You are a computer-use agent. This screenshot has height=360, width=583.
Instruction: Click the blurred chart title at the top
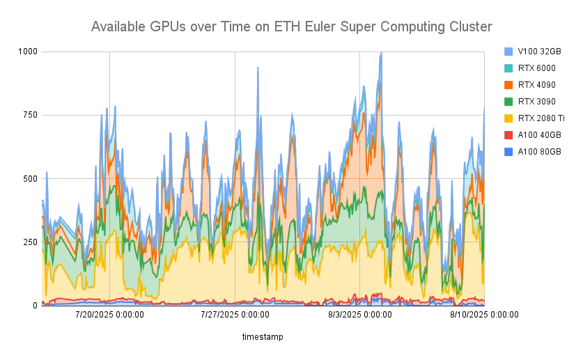tap(291, 26)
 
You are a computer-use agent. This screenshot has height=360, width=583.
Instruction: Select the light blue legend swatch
tap(508, 51)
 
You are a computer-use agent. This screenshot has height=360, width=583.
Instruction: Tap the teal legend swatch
tap(508, 68)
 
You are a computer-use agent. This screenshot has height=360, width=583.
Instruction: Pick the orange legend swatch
tap(508, 84)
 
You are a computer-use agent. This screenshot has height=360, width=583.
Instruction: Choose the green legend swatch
tap(508, 101)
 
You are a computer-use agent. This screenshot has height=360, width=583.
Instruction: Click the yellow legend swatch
tap(508, 118)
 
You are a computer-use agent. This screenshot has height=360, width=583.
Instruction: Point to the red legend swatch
tap(508, 134)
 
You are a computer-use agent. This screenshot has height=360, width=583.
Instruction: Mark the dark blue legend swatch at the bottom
tap(508, 151)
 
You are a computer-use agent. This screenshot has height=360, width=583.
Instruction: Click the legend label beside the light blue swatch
tap(541, 51)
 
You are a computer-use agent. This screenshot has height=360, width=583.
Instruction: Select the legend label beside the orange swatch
tap(538, 84)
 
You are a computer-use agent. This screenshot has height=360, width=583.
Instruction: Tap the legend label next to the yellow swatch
tap(544, 118)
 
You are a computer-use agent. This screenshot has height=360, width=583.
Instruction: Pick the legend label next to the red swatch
tap(541, 134)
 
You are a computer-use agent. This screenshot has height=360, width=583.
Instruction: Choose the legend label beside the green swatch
tap(538, 101)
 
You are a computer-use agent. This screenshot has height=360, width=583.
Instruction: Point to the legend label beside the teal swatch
tap(538, 68)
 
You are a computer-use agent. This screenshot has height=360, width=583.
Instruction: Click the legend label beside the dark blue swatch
tap(541, 151)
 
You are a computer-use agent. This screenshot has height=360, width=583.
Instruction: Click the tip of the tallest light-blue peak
tap(381, 53)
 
